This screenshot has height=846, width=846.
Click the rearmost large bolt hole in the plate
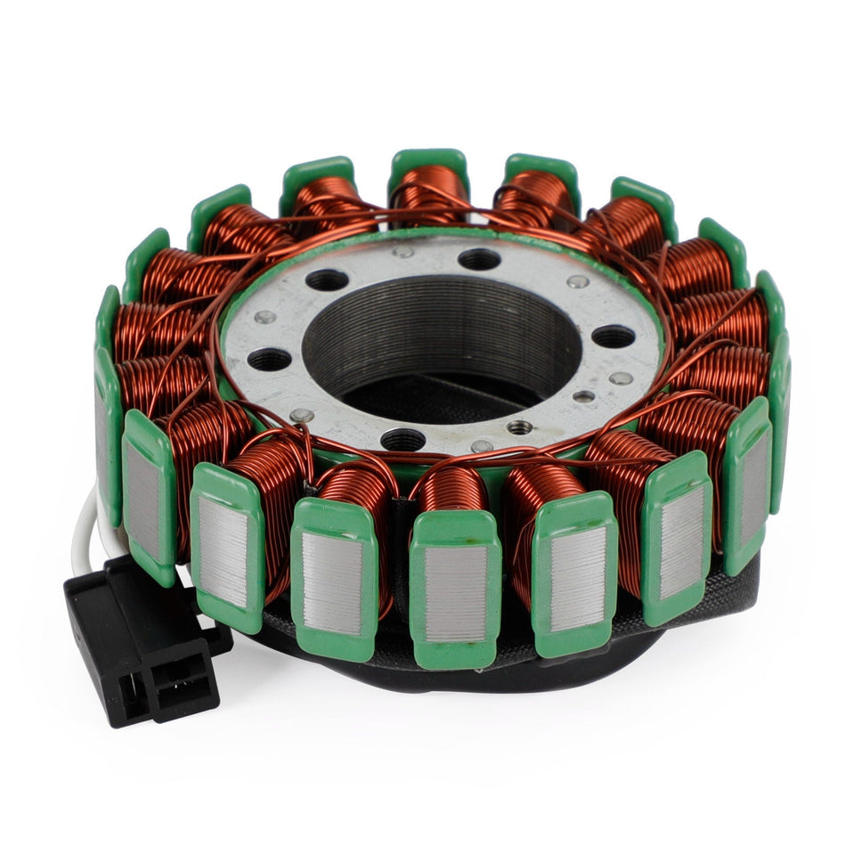(x=479, y=259)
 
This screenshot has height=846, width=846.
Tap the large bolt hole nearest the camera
(x=403, y=438)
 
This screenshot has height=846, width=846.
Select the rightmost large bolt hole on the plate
(x=614, y=336)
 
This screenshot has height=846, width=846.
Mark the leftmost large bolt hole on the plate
(x=269, y=359)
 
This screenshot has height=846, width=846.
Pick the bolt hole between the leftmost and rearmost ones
(x=327, y=281)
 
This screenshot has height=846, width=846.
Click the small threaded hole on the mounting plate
(x=519, y=427)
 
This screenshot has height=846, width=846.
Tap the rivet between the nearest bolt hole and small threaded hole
(x=482, y=445)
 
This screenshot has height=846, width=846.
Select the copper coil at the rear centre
(x=430, y=191)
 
